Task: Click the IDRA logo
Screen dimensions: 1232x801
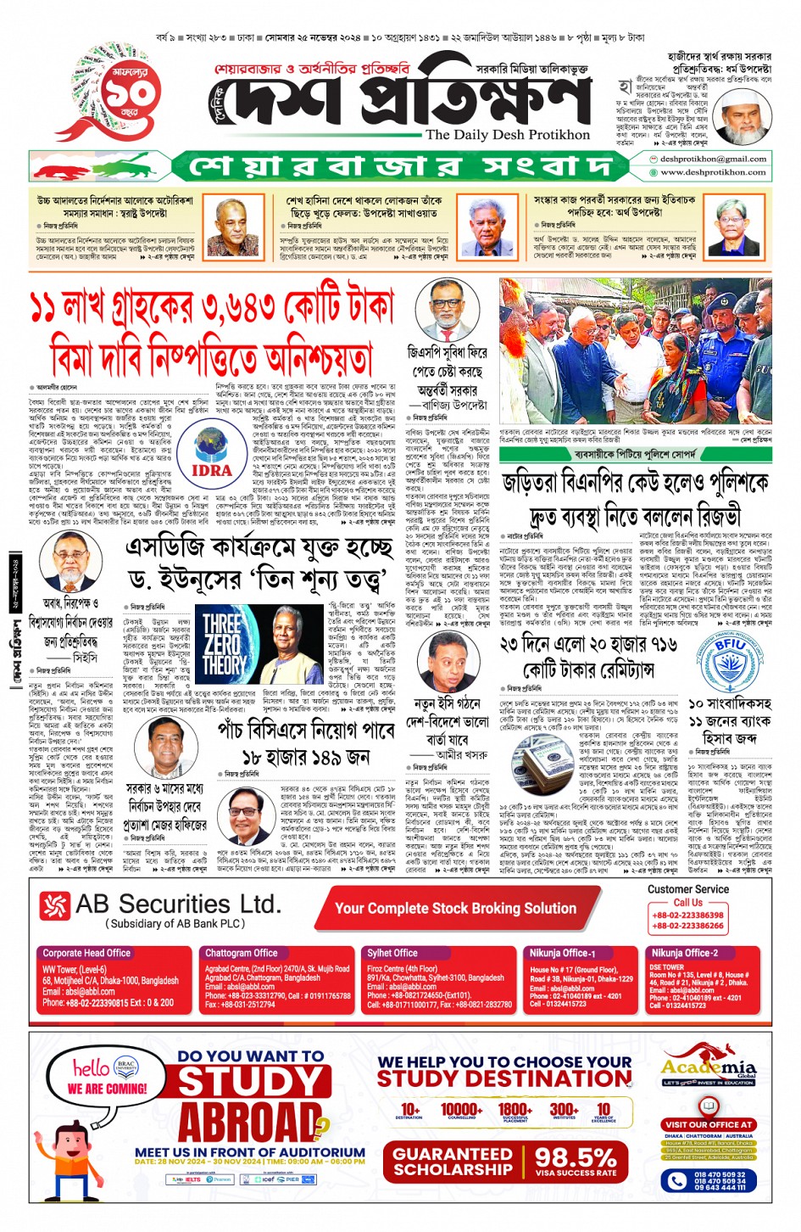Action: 211,454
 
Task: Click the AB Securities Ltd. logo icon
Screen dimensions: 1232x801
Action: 55,906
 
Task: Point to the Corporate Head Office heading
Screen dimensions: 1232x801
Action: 86,953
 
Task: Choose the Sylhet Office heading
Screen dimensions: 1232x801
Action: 392,953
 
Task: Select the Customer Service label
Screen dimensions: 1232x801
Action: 687,889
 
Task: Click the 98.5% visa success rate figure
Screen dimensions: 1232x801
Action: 576,1160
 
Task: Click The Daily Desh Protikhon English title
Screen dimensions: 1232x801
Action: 508,135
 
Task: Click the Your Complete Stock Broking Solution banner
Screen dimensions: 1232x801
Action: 455,908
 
